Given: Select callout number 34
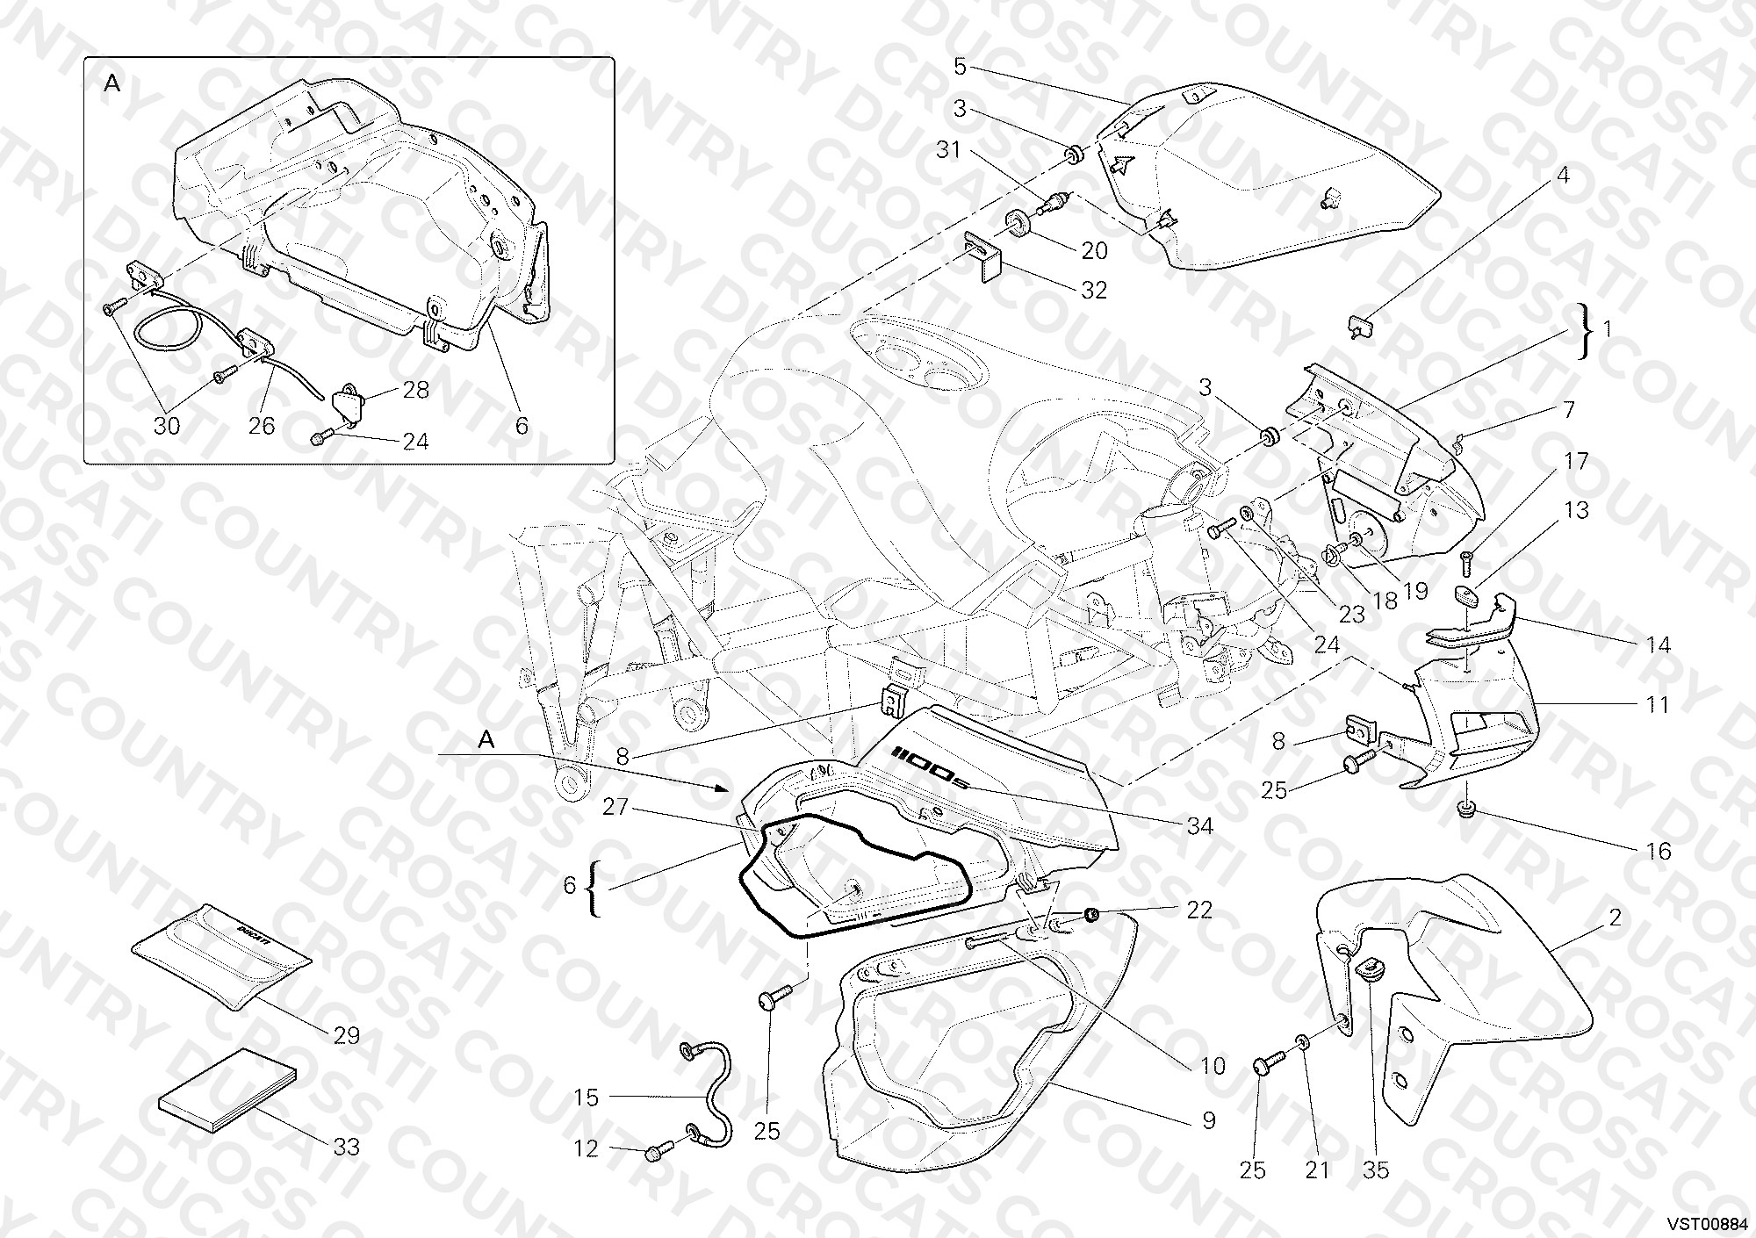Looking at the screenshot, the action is pyautogui.click(x=1199, y=825).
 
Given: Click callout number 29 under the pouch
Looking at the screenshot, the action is pyautogui.click(x=347, y=1036).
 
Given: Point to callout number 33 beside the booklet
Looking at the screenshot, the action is pyautogui.click(x=347, y=1147).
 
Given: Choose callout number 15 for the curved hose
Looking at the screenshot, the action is pyautogui.click(x=587, y=1098).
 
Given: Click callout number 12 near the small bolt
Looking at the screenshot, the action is pyautogui.click(x=586, y=1148).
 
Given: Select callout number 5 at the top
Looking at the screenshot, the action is pyautogui.click(x=960, y=66).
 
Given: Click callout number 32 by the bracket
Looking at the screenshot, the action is pyautogui.click(x=1094, y=290).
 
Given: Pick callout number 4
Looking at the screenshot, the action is pyautogui.click(x=1563, y=176).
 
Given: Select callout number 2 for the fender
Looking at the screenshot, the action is pyautogui.click(x=1616, y=918).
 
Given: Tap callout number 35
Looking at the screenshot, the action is pyautogui.click(x=1376, y=1170).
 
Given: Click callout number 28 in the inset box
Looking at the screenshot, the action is pyautogui.click(x=415, y=390).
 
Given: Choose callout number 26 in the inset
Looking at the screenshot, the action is pyautogui.click(x=262, y=426).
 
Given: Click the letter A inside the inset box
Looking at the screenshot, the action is pyautogui.click(x=112, y=83).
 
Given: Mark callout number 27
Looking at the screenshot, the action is pyautogui.click(x=615, y=806).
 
